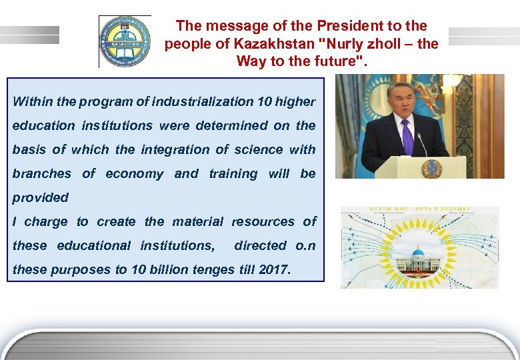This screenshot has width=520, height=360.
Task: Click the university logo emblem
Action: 125,42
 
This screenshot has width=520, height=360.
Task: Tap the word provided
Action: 40,197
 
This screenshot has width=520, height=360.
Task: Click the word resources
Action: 263,221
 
